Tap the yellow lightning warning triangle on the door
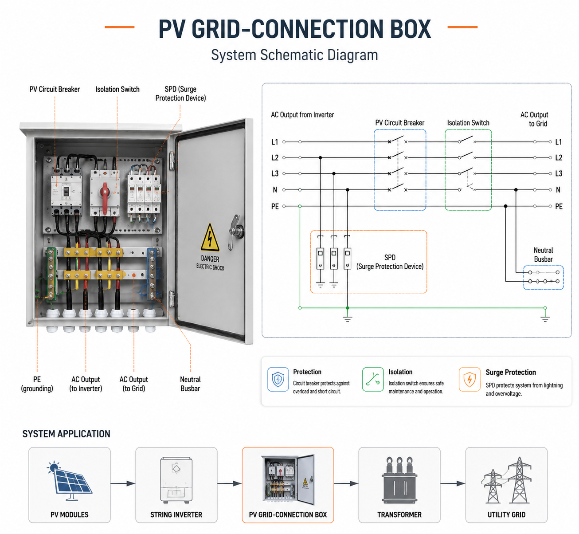(210, 238)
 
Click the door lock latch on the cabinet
(235, 232)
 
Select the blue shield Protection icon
(278, 379)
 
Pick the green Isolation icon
(372, 379)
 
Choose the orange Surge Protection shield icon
(469, 379)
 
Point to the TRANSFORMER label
(399, 514)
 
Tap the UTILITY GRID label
(506, 514)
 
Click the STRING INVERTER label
(176, 514)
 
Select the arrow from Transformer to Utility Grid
(453, 483)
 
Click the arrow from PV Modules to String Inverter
(123, 483)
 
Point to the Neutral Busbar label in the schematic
(543, 255)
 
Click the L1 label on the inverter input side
(274, 142)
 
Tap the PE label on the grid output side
(559, 206)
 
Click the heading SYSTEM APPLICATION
(66, 434)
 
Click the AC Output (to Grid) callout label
(133, 384)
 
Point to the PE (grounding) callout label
(37, 384)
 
